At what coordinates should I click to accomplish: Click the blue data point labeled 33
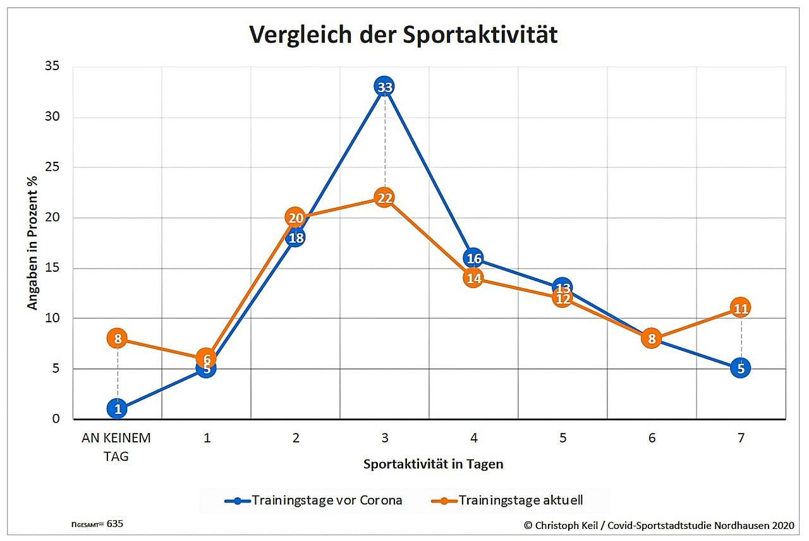pyautogui.click(x=384, y=87)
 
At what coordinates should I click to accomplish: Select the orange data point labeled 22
pyautogui.click(x=384, y=198)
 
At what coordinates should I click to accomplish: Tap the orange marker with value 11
pyautogui.click(x=741, y=308)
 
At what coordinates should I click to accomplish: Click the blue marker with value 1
pyautogui.click(x=117, y=409)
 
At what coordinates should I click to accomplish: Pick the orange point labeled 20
pyautogui.click(x=295, y=218)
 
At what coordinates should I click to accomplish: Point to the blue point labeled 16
pyautogui.click(x=473, y=258)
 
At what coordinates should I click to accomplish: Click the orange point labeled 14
pyautogui.click(x=473, y=278)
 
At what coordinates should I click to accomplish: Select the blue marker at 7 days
pyautogui.click(x=741, y=368)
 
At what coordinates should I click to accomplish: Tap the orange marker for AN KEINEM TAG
pyautogui.click(x=117, y=338)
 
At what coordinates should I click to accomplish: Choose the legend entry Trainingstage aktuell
pyautogui.click(x=507, y=501)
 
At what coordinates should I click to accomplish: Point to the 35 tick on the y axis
pyautogui.click(x=52, y=66)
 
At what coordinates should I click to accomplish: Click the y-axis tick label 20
pyautogui.click(x=52, y=218)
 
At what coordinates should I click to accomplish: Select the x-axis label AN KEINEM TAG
pyautogui.click(x=117, y=447)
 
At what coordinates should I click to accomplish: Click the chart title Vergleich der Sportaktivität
pyautogui.click(x=404, y=35)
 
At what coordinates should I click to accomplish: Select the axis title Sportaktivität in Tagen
pyautogui.click(x=433, y=465)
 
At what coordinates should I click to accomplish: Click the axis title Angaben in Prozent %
pyautogui.click(x=33, y=243)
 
